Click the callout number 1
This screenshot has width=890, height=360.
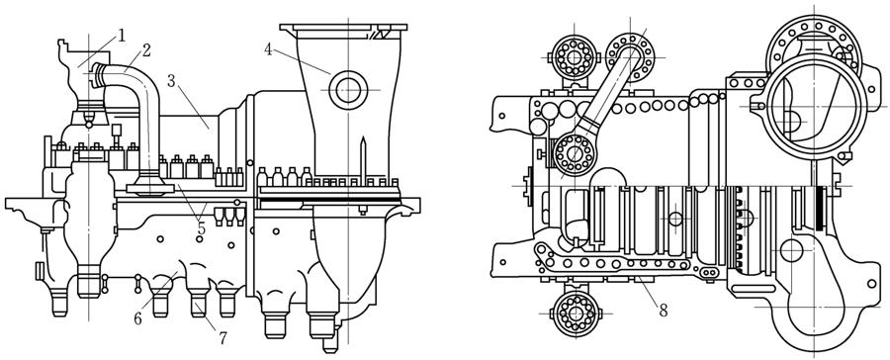[x=121, y=37]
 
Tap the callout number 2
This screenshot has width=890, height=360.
[x=146, y=50]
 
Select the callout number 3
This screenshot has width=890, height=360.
[x=171, y=80]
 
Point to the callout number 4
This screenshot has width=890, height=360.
[x=268, y=49]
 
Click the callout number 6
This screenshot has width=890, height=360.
[x=137, y=319]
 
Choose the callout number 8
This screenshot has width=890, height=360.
[x=663, y=311]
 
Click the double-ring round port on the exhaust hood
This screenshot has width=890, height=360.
[x=347, y=90]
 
